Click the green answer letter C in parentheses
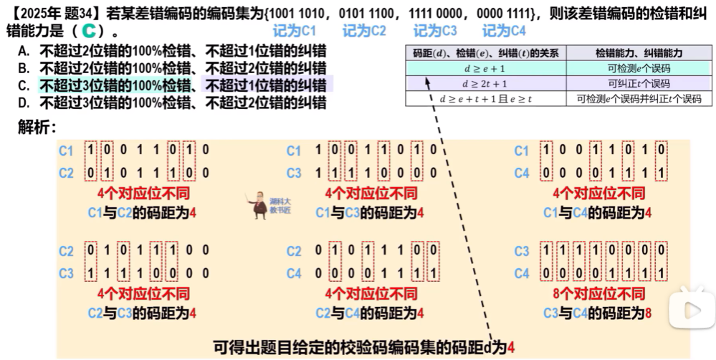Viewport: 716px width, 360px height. point(88,32)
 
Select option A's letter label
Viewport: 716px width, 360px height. point(24,51)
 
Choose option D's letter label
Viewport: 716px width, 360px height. point(24,103)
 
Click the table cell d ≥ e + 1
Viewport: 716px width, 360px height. point(486,68)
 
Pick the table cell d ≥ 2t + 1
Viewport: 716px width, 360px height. point(486,83)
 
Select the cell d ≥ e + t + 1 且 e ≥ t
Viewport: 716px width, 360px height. point(486,99)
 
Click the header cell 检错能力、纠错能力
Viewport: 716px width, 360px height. point(639,53)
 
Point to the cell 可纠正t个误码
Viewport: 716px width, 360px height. point(639,83)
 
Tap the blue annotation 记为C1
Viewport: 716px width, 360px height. point(295,32)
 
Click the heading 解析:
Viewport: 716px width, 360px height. point(37,127)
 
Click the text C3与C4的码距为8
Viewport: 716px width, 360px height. point(597,313)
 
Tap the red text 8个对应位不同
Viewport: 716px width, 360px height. point(598,294)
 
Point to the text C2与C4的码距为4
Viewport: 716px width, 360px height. point(371,313)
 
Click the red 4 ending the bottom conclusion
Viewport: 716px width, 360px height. point(511,348)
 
